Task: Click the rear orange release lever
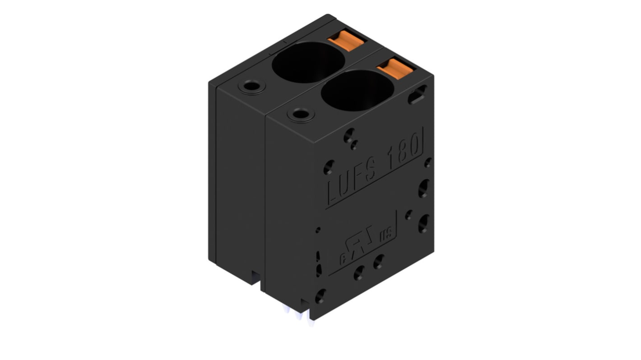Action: tap(346, 41)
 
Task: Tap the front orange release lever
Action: tap(395, 68)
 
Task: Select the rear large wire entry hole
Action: tap(308, 62)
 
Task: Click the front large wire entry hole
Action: tap(358, 90)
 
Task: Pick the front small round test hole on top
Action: tap(301, 114)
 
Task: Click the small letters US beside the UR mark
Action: tap(386, 235)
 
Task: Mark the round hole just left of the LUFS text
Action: tap(329, 167)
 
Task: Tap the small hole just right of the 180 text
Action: tap(427, 162)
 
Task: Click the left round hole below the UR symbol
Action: tap(359, 272)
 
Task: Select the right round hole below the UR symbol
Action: tap(379, 262)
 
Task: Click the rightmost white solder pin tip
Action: tap(311, 322)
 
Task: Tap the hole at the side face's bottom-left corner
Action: tap(320, 296)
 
